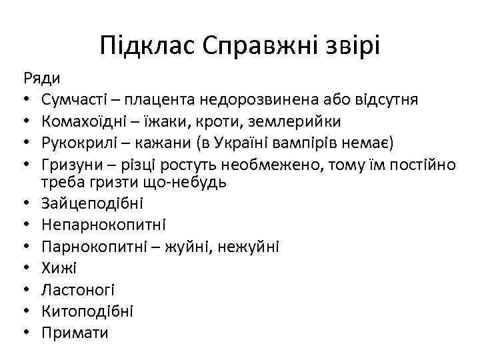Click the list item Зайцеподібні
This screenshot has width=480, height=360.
(92, 203)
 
